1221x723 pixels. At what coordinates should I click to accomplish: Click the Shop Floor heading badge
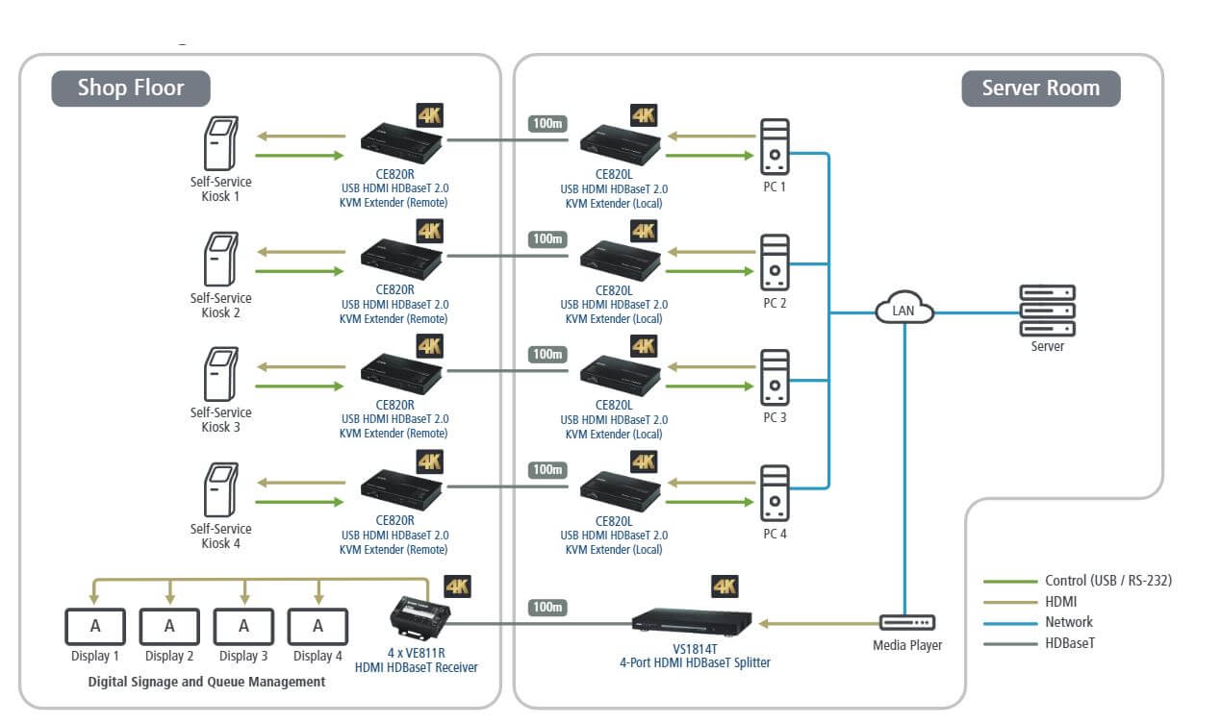click(x=131, y=88)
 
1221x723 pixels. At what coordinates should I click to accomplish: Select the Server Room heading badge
click(x=1040, y=88)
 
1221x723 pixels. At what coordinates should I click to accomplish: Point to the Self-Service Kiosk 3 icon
click(x=220, y=374)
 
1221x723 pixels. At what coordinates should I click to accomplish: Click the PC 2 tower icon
click(x=775, y=262)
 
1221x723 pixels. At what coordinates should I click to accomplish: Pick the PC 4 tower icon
click(x=775, y=493)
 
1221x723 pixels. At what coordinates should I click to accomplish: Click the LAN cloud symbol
click(x=904, y=311)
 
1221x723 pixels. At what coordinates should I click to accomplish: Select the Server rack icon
click(x=1047, y=310)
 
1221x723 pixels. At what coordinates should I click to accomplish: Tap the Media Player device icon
click(x=906, y=623)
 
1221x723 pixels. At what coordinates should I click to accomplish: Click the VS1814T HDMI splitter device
click(x=692, y=619)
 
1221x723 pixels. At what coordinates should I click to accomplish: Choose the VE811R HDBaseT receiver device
click(x=419, y=614)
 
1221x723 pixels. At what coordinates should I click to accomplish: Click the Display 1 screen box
click(x=95, y=626)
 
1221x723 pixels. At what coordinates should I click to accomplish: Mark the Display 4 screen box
click(x=318, y=626)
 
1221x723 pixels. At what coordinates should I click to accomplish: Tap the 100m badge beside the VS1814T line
click(x=547, y=608)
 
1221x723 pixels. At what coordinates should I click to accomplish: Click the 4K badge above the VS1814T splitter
click(x=725, y=586)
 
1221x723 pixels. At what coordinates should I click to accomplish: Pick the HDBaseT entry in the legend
click(x=1069, y=643)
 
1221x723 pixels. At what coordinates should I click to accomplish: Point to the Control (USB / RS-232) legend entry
click(x=1107, y=581)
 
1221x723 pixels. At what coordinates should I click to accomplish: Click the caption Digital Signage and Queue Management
click(x=207, y=682)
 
